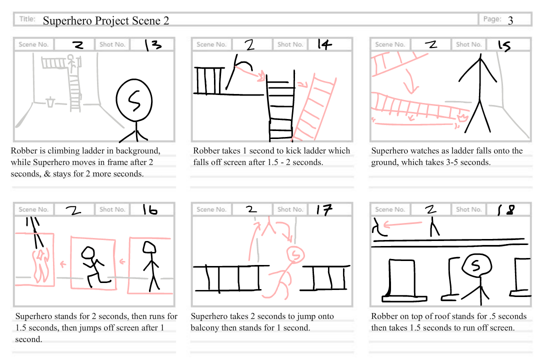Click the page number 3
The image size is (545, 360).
(x=510, y=20)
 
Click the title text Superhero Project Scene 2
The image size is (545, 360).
(x=105, y=20)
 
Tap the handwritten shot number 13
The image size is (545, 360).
(x=153, y=45)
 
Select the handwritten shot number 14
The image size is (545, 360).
(x=324, y=44)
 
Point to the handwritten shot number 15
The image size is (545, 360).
(x=504, y=45)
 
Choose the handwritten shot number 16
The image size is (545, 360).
(x=149, y=210)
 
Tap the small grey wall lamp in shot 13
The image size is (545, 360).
(x=50, y=102)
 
